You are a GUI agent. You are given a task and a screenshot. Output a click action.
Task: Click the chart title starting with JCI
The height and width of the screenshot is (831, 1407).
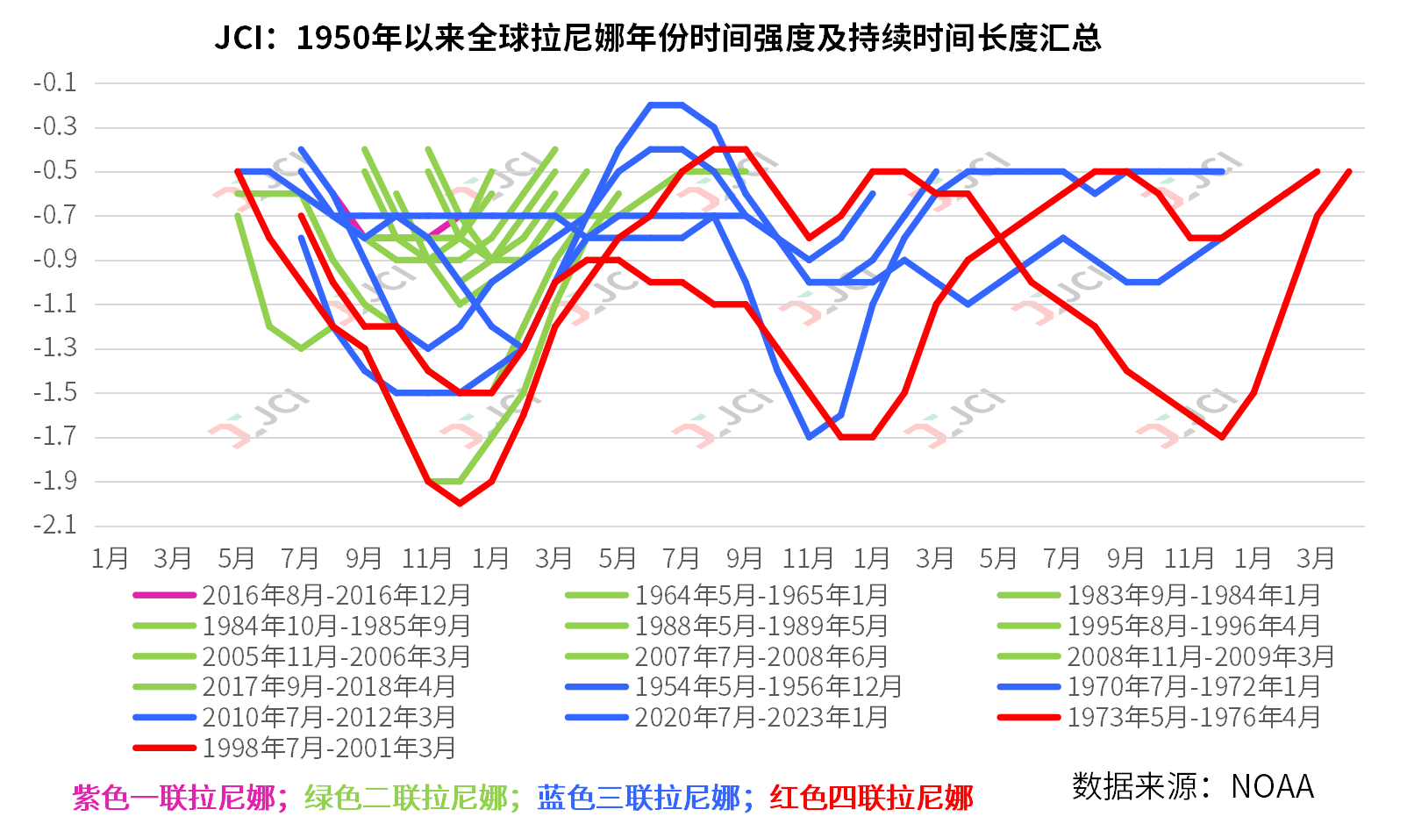pos(657,38)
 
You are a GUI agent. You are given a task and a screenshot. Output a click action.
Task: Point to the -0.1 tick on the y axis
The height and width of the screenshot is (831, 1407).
pos(55,83)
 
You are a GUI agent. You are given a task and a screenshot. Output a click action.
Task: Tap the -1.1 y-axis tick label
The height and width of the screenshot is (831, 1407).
pos(55,304)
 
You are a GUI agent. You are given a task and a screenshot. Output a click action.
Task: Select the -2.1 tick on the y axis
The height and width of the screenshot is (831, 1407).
pos(55,526)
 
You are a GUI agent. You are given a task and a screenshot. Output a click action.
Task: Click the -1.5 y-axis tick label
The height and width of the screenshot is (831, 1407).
pos(55,393)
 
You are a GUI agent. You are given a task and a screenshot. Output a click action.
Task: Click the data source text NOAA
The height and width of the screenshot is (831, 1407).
pos(1272,787)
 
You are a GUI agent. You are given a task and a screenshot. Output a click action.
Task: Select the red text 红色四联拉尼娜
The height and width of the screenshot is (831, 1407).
pos(871,798)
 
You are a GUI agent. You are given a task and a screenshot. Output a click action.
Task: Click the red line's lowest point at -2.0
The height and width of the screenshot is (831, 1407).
pos(460,504)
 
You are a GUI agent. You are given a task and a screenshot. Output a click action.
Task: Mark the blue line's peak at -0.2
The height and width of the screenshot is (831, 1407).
pos(666,105)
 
